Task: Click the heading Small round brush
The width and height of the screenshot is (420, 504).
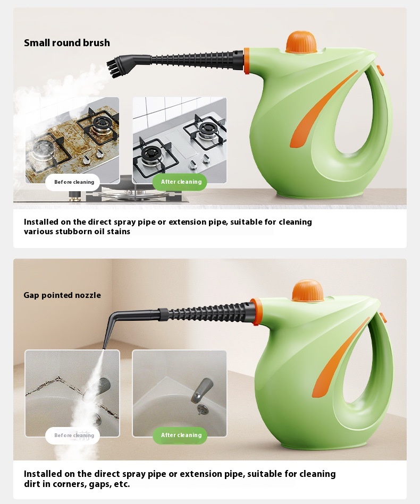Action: point(67,43)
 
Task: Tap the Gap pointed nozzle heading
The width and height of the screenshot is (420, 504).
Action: point(62,295)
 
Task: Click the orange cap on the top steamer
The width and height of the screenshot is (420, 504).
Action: point(301,42)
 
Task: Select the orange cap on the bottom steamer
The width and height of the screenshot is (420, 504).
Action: point(308,291)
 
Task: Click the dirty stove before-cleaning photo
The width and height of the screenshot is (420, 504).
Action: point(72,140)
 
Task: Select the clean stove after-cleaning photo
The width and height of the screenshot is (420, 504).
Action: point(180,140)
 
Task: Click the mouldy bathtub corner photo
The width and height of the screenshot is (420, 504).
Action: point(72,393)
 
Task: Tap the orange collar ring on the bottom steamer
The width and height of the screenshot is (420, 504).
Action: point(255,311)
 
